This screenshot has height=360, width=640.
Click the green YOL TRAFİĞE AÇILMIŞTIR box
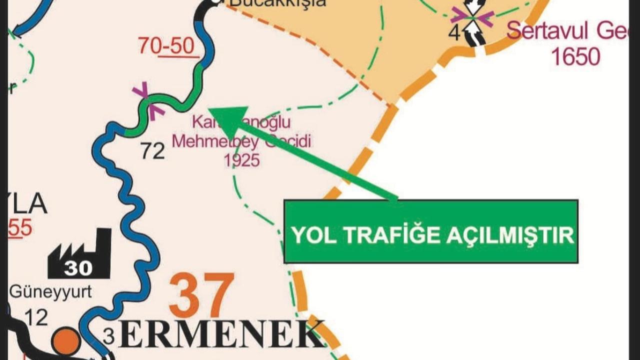click(x=430, y=231)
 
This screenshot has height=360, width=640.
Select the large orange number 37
click(x=201, y=295)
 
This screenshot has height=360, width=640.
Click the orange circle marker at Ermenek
click(x=65, y=341)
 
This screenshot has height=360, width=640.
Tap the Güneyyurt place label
click(x=50, y=291)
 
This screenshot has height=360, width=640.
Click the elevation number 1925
click(x=242, y=160)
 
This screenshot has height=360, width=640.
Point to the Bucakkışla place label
click(x=278, y=3)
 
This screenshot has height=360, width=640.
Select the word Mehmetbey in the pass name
click(x=215, y=141)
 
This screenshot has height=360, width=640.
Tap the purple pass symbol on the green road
click(x=148, y=101)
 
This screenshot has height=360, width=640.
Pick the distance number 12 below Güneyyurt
click(x=35, y=317)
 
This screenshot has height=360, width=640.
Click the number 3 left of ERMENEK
click(x=108, y=336)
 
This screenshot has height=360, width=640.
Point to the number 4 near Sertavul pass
click(x=454, y=33)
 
